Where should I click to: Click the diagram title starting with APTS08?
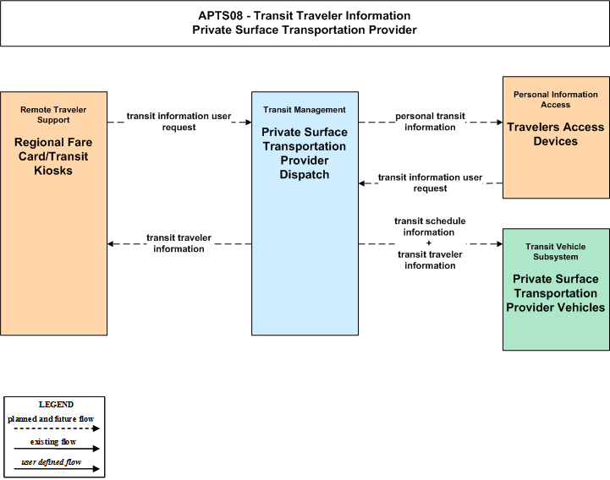click(305, 23)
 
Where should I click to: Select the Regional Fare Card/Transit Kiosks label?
click(53, 156)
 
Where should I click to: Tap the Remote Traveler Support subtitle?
click(53, 115)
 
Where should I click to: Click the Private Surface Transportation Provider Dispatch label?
click(305, 153)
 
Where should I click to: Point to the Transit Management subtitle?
click(305, 110)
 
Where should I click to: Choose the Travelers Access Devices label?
click(556, 134)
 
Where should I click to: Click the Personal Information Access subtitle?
click(556, 100)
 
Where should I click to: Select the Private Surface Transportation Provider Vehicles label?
click(556, 293)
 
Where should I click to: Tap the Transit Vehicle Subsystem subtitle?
click(556, 252)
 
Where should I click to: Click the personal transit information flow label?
click(430, 122)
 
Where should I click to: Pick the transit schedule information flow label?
click(430, 226)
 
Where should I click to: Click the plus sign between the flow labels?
click(429, 243)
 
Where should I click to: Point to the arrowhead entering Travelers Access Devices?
click(499, 123)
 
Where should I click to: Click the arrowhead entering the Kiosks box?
click(110, 244)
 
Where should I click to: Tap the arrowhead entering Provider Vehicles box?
click(499, 244)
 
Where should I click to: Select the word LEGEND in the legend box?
click(56, 405)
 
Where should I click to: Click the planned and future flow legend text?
click(51, 419)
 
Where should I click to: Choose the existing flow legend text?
click(53, 442)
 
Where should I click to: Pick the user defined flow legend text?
click(52, 462)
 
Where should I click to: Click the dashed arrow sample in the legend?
click(57, 428)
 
